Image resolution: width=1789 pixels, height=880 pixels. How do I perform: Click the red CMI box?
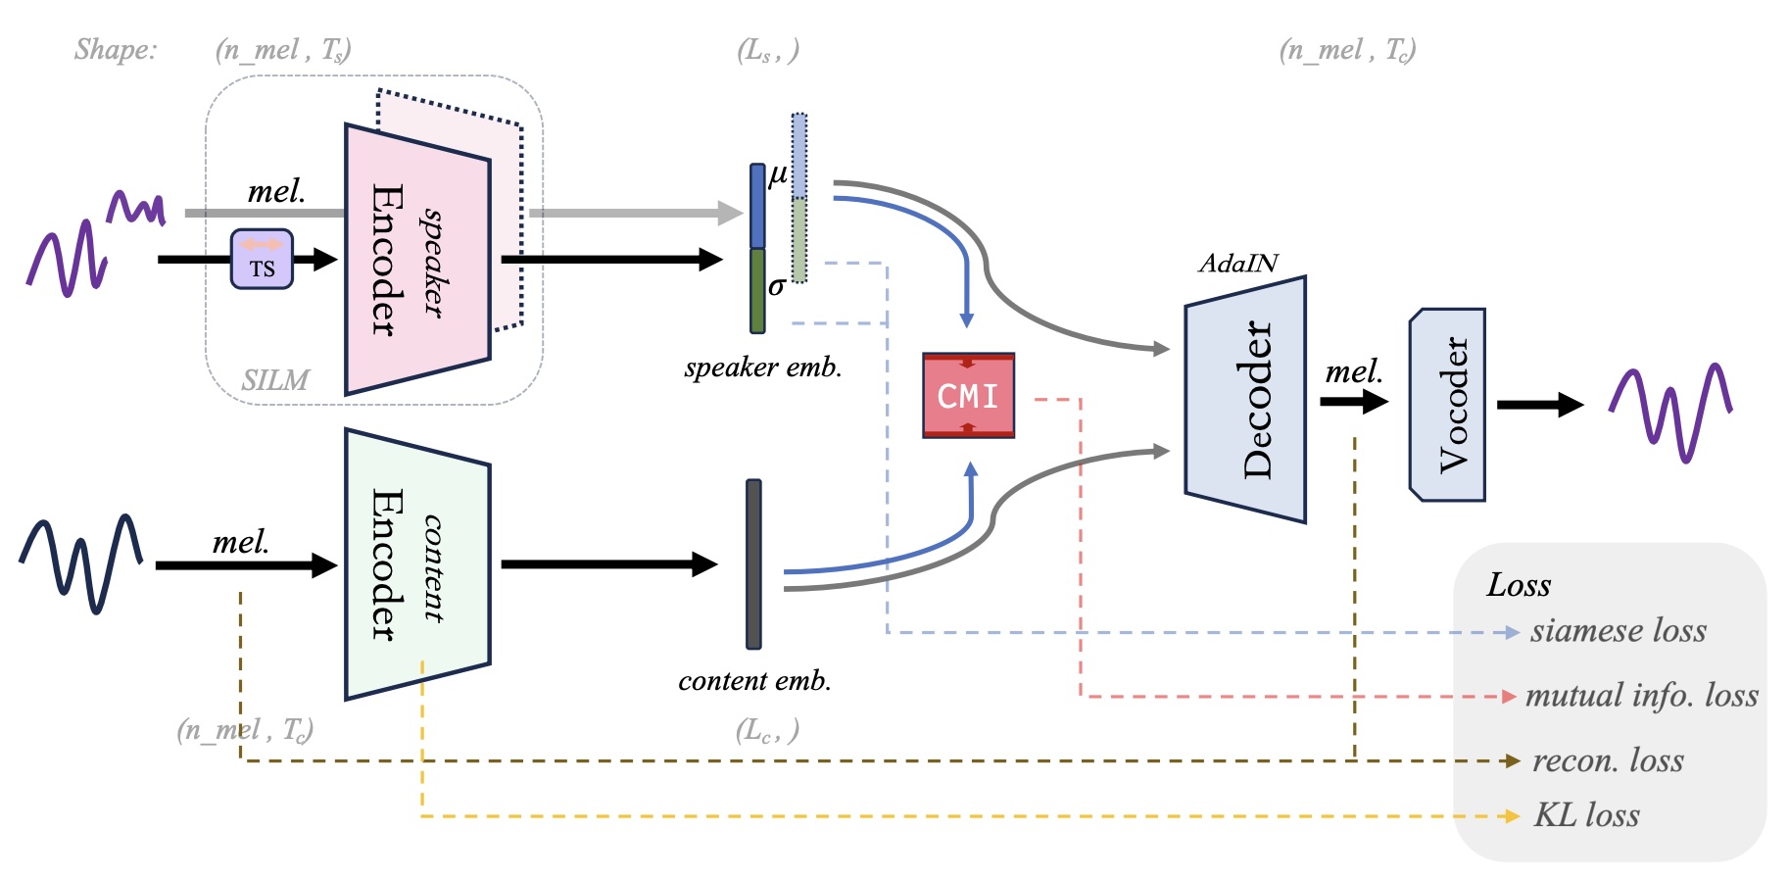[x=968, y=395]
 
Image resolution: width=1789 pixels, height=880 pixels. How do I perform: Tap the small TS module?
[x=262, y=260]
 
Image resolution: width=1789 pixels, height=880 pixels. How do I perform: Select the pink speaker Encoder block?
[x=417, y=260]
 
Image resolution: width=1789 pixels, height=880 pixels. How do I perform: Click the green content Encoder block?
[x=417, y=564]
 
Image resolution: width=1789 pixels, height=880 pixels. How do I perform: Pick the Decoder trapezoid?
[x=1245, y=400]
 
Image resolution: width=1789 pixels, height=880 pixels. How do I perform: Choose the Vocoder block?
[x=1447, y=405]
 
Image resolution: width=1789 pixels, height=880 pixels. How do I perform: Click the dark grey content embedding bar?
[x=753, y=564]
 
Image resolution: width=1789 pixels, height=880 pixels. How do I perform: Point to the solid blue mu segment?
[x=757, y=206]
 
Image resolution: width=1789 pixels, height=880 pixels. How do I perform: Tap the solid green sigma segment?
[x=757, y=291]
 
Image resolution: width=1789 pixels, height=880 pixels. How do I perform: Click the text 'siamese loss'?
[x=1618, y=631]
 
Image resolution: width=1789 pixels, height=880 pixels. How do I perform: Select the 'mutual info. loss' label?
[x=1641, y=696]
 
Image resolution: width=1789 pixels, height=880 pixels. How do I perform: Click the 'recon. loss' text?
[x=1608, y=760]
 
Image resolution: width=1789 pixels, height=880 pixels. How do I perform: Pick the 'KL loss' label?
[x=1586, y=815]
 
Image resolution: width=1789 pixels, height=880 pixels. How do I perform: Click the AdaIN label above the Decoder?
[x=1238, y=264]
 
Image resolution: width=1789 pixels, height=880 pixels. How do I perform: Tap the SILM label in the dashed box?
[x=275, y=380]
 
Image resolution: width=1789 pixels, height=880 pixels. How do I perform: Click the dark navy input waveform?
[x=81, y=563]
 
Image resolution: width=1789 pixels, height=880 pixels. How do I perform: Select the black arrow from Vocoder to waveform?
[x=1539, y=405]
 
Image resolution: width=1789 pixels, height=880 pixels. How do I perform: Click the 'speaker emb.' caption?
[x=763, y=367]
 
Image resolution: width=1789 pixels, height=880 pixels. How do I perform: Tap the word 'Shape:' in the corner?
[x=116, y=49]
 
